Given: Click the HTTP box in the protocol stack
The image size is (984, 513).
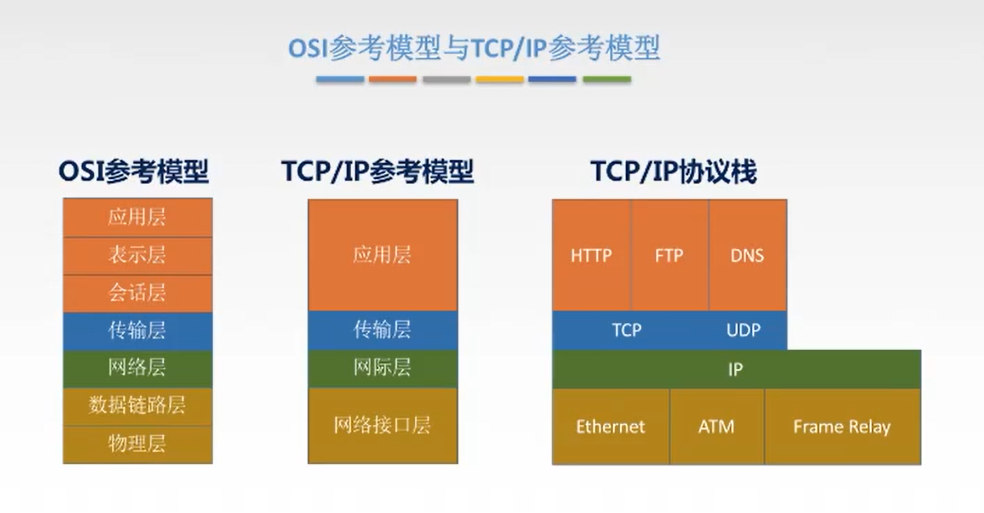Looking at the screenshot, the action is click(x=591, y=255).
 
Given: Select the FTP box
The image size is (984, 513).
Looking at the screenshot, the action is click(x=669, y=255).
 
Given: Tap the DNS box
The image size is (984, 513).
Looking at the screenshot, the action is click(x=747, y=255).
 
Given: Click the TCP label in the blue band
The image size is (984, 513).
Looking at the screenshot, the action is click(x=626, y=330).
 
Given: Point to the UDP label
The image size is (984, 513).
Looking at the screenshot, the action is click(x=743, y=330).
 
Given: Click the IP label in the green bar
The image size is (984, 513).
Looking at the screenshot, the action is click(x=735, y=369).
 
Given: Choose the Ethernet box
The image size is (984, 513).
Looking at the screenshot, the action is click(x=610, y=426).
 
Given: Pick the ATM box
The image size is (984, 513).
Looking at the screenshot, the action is click(x=716, y=426).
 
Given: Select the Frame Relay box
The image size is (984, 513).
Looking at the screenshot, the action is click(x=842, y=426).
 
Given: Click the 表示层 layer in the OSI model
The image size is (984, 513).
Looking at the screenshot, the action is click(x=137, y=255).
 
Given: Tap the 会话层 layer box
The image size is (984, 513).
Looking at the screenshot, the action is click(x=137, y=293).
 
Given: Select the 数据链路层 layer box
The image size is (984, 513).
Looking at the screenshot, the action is click(x=137, y=406).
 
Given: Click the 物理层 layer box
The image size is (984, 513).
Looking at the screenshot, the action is click(x=137, y=443).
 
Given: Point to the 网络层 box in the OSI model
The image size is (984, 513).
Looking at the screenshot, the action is click(x=137, y=368).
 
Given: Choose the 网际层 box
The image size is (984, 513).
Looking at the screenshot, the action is click(x=382, y=368).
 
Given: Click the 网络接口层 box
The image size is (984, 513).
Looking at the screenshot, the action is click(x=382, y=425).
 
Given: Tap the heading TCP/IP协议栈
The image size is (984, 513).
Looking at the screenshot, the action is click(x=673, y=172).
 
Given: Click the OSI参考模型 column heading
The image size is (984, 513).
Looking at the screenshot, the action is click(x=134, y=172).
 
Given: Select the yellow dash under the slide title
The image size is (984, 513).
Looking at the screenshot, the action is click(x=500, y=79).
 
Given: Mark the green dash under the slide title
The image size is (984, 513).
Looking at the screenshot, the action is click(x=607, y=79).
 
